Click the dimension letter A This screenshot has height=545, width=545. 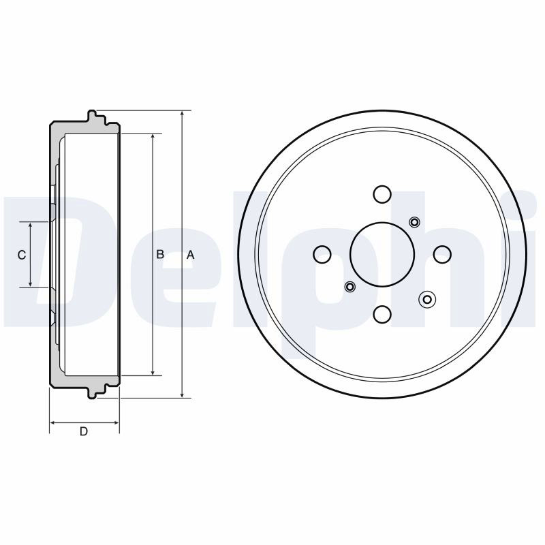191,255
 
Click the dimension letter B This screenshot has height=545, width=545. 160,254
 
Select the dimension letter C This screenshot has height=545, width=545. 22,255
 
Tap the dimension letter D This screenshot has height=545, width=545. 84,431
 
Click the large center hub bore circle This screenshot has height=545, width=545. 382,254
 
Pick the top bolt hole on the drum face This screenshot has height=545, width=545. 382,194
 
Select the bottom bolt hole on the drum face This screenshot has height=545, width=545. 382,314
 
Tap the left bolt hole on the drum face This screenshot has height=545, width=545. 322,254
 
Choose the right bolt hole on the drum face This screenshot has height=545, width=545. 442,254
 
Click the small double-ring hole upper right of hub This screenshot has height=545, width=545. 415,222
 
